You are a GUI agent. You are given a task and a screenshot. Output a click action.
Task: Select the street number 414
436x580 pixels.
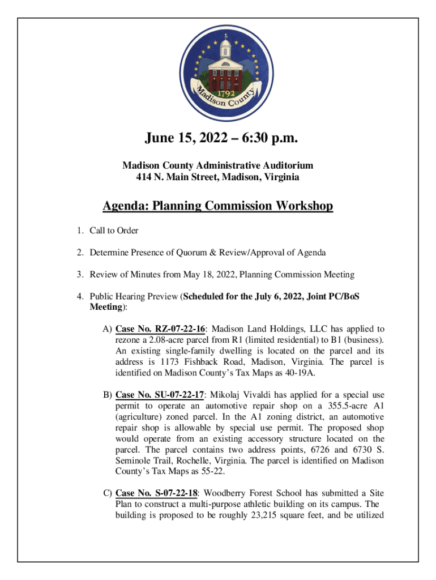[x=145, y=177]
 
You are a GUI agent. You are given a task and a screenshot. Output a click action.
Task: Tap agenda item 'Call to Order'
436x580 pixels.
[x=114, y=231]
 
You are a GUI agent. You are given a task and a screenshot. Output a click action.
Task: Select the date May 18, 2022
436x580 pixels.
[x=212, y=275]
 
